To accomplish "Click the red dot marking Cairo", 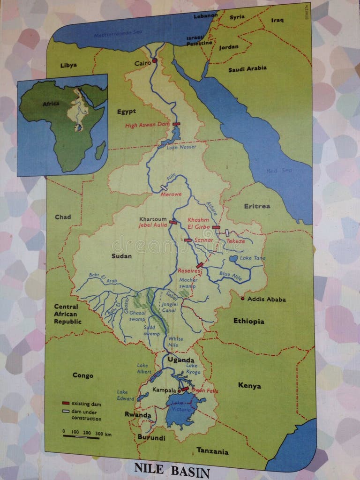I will click(x=154, y=60).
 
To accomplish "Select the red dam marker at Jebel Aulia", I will click(x=173, y=223).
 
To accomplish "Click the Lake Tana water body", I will click(x=233, y=258).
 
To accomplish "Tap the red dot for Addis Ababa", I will click(x=243, y=299).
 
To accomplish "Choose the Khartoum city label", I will click(x=153, y=219).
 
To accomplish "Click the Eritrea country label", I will click(x=257, y=206).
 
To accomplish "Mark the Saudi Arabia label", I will click(x=247, y=68).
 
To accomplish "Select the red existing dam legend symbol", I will click(x=66, y=404).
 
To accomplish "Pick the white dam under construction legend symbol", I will click(x=66, y=412).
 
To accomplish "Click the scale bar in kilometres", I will click(x=81, y=437).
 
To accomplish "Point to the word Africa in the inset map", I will click(x=50, y=104).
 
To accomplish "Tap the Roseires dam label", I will click(x=189, y=271).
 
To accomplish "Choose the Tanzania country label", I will click(x=212, y=451).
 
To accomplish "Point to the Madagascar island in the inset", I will click(x=100, y=150).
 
